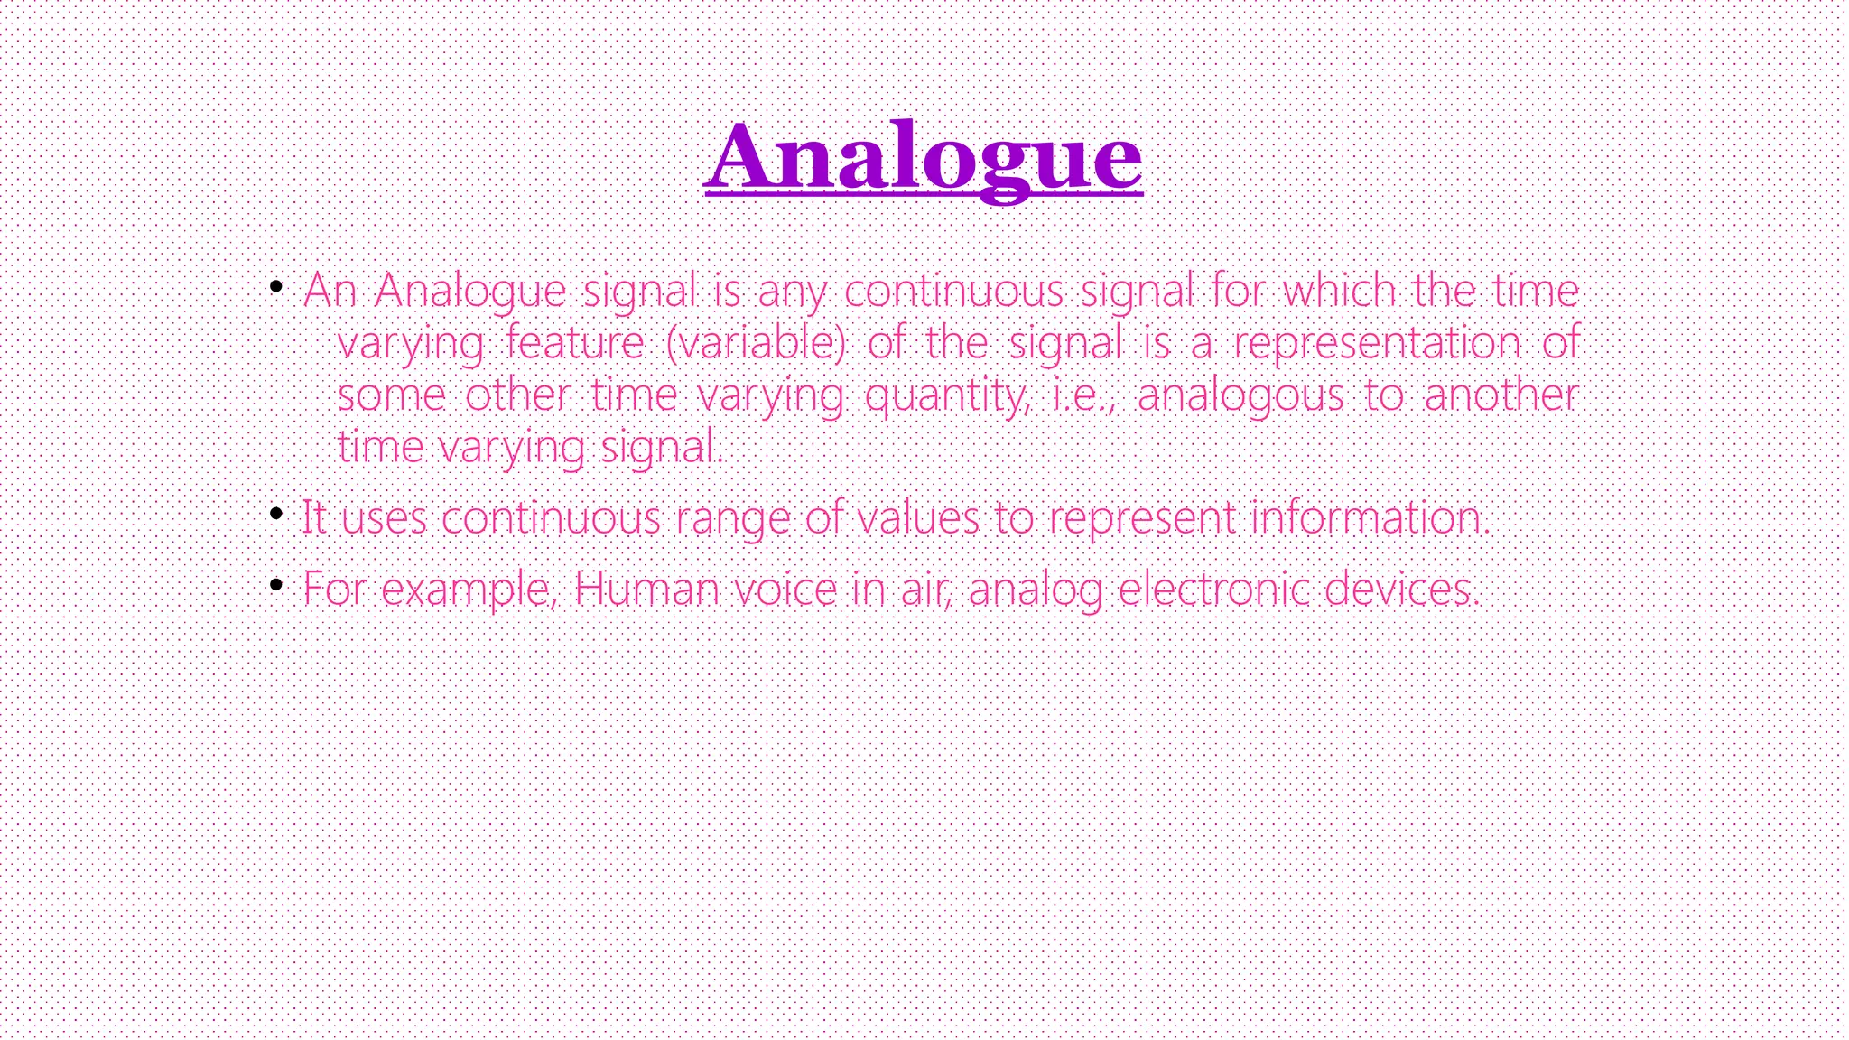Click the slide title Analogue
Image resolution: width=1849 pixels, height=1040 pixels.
point(923,158)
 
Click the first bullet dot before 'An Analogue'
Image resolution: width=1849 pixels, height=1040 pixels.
point(276,287)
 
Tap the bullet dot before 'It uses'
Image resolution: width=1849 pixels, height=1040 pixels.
point(276,515)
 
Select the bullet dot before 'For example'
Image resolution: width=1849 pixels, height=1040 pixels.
point(276,585)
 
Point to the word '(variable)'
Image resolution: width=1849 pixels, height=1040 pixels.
point(756,343)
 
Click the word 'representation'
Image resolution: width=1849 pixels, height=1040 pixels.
point(1376,343)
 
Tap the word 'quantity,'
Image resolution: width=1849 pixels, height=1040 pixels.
point(946,395)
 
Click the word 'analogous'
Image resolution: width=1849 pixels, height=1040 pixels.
point(1240,395)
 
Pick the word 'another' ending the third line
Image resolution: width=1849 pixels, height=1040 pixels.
point(1501,395)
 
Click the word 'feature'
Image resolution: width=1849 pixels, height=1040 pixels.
point(574,343)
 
